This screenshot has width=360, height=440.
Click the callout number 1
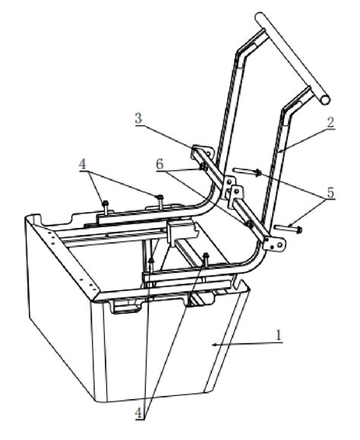pyautogui.click(x=281, y=334)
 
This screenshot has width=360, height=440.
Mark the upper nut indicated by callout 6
pyautogui.click(x=204, y=166)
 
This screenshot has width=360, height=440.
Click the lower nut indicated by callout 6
pyautogui.click(x=248, y=223)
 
